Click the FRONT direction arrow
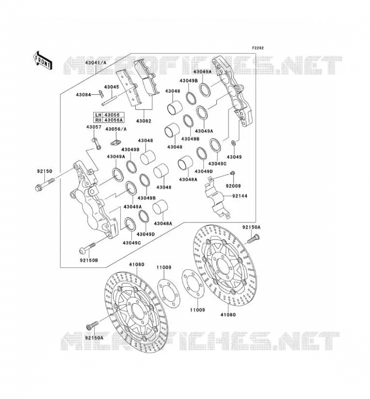(x=42, y=60)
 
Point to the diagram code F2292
(x=258, y=48)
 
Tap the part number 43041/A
(x=96, y=62)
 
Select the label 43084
(x=83, y=95)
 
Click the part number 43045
(x=112, y=87)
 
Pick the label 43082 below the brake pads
(x=144, y=121)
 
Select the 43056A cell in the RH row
(x=114, y=120)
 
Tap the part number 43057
(x=94, y=127)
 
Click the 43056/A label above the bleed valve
(x=116, y=129)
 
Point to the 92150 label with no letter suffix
(x=44, y=171)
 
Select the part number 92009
(x=233, y=186)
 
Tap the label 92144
(x=239, y=196)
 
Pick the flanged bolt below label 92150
(x=44, y=185)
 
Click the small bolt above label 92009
(x=232, y=173)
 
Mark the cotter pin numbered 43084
(x=101, y=94)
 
